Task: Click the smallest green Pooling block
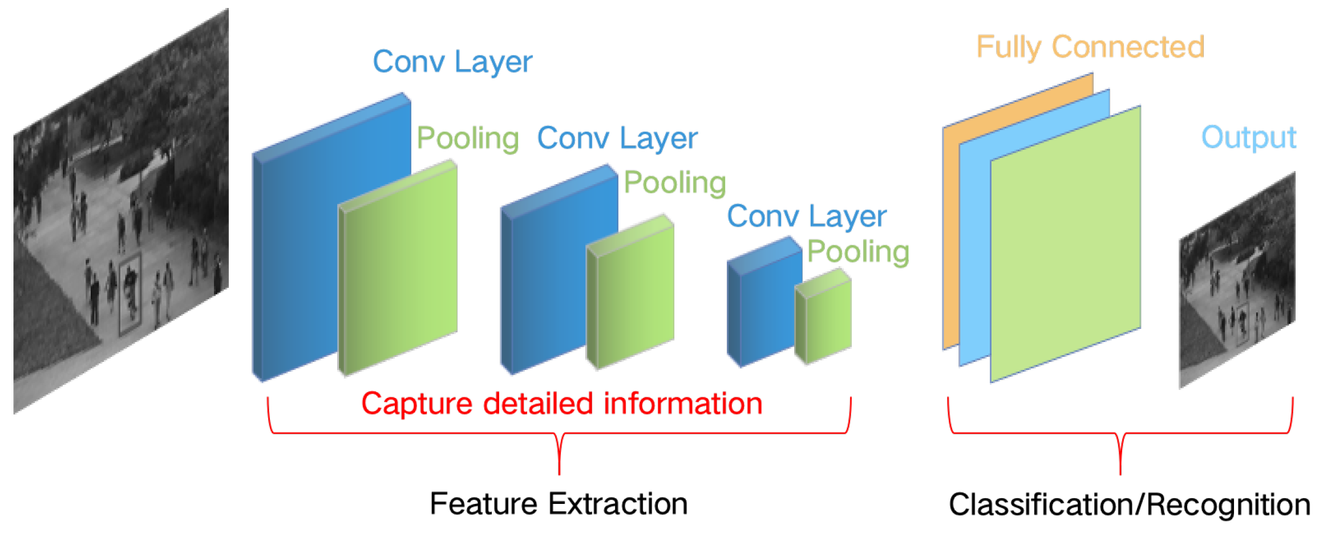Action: point(825,319)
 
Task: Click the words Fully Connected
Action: point(1090,47)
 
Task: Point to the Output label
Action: point(1248,137)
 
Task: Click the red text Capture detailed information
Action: point(562,404)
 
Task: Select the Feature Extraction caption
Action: point(559,504)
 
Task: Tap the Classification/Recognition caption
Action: point(1129,505)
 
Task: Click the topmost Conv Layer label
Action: point(452,62)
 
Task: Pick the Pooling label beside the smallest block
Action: point(858,251)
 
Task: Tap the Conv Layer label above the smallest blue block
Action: point(807,217)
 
